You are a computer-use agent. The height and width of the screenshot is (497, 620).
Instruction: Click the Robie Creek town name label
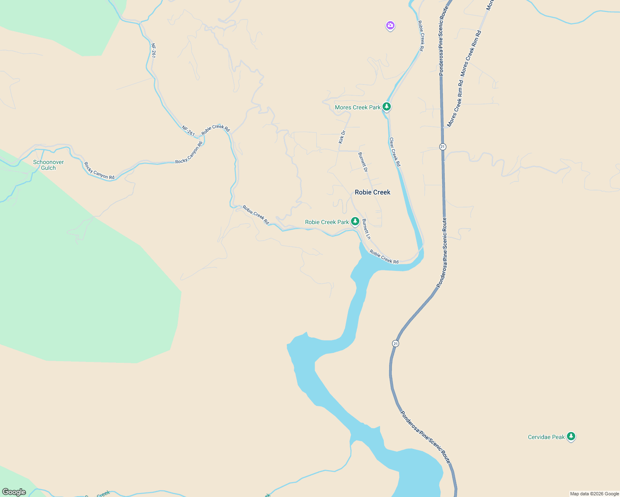pyautogui.click(x=373, y=192)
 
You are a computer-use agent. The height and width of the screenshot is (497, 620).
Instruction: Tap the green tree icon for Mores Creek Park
pyautogui.click(x=387, y=107)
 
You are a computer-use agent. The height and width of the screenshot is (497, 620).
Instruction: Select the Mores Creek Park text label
pyautogui.click(x=357, y=107)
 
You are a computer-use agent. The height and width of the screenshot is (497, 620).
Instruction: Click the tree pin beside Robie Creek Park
pyautogui.click(x=355, y=222)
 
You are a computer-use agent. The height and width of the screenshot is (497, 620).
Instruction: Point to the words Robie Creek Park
pyautogui.click(x=327, y=222)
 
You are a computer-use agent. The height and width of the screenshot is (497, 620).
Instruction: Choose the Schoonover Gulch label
pyautogui.click(x=48, y=165)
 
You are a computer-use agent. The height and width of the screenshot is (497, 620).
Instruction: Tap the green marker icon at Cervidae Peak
pyautogui.click(x=571, y=437)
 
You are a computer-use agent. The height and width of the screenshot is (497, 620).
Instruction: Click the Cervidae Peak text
pyautogui.click(x=546, y=437)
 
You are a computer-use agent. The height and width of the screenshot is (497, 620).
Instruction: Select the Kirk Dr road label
pyautogui.click(x=342, y=137)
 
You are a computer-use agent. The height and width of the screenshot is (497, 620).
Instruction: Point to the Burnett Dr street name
pyautogui.click(x=363, y=162)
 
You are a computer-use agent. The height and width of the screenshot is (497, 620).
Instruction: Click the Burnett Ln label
pyautogui.click(x=366, y=229)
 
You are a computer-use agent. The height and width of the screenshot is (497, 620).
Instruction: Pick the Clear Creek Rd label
pyautogui.click(x=395, y=152)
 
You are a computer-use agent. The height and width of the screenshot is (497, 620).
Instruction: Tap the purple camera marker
pyautogui.click(x=390, y=26)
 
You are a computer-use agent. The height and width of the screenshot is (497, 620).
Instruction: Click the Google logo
pyautogui.click(x=14, y=492)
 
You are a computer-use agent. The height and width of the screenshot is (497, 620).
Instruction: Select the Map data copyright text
pyautogui.click(x=594, y=494)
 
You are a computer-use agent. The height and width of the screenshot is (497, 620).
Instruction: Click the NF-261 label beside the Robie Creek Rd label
pyautogui.click(x=188, y=130)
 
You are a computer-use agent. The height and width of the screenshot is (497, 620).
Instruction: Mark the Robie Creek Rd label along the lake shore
pyautogui.click(x=384, y=257)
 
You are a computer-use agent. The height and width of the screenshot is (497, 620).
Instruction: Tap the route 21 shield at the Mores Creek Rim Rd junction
pyautogui.click(x=443, y=147)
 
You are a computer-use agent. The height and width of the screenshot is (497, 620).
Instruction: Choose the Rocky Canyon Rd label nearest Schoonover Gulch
pyautogui.click(x=99, y=171)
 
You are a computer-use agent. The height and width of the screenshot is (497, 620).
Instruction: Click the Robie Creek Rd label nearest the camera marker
pyautogui.click(x=421, y=36)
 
